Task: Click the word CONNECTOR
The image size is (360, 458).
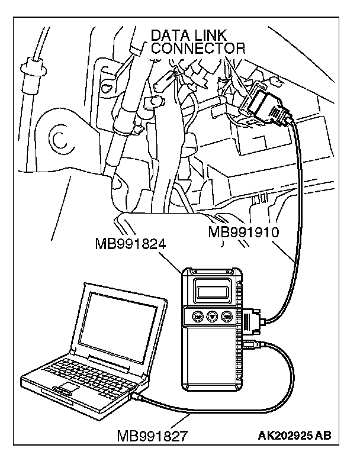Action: click(x=198, y=49)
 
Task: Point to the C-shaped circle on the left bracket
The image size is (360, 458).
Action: click(x=59, y=138)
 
